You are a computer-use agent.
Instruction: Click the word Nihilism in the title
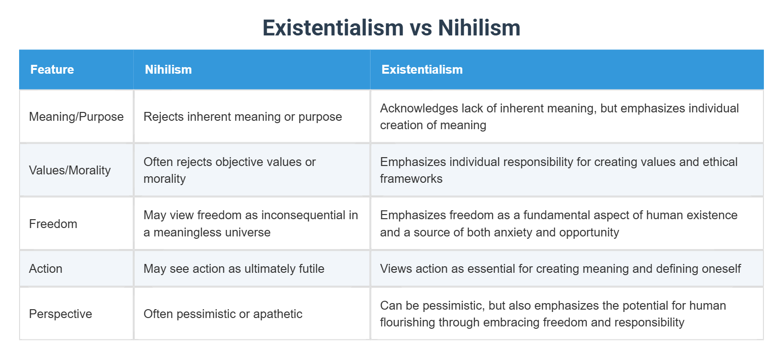click(x=479, y=28)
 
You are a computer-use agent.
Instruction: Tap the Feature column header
click(x=52, y=69)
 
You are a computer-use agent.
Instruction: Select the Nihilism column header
click(x=168, y=69)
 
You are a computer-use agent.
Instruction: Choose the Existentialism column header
click(x=422, y=69)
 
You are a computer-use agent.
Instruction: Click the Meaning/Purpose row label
click(x=76, y=117)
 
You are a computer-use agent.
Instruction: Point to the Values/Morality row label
click(x=70, y=170)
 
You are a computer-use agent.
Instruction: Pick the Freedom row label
click(x=53, y=224)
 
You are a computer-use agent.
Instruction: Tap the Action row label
click(x=46, y=269)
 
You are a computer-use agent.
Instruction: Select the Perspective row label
click(x=61, y=314)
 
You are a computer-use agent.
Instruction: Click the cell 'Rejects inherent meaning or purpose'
click(x=242, y=117)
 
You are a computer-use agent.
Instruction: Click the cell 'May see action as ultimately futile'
click(x=234, y=269)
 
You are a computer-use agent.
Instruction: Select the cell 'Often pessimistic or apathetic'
click(x=223, y=314)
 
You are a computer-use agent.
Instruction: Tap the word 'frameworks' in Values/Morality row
click(x=411, y=179)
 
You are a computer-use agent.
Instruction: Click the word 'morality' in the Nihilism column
click(x=165, y=179)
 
